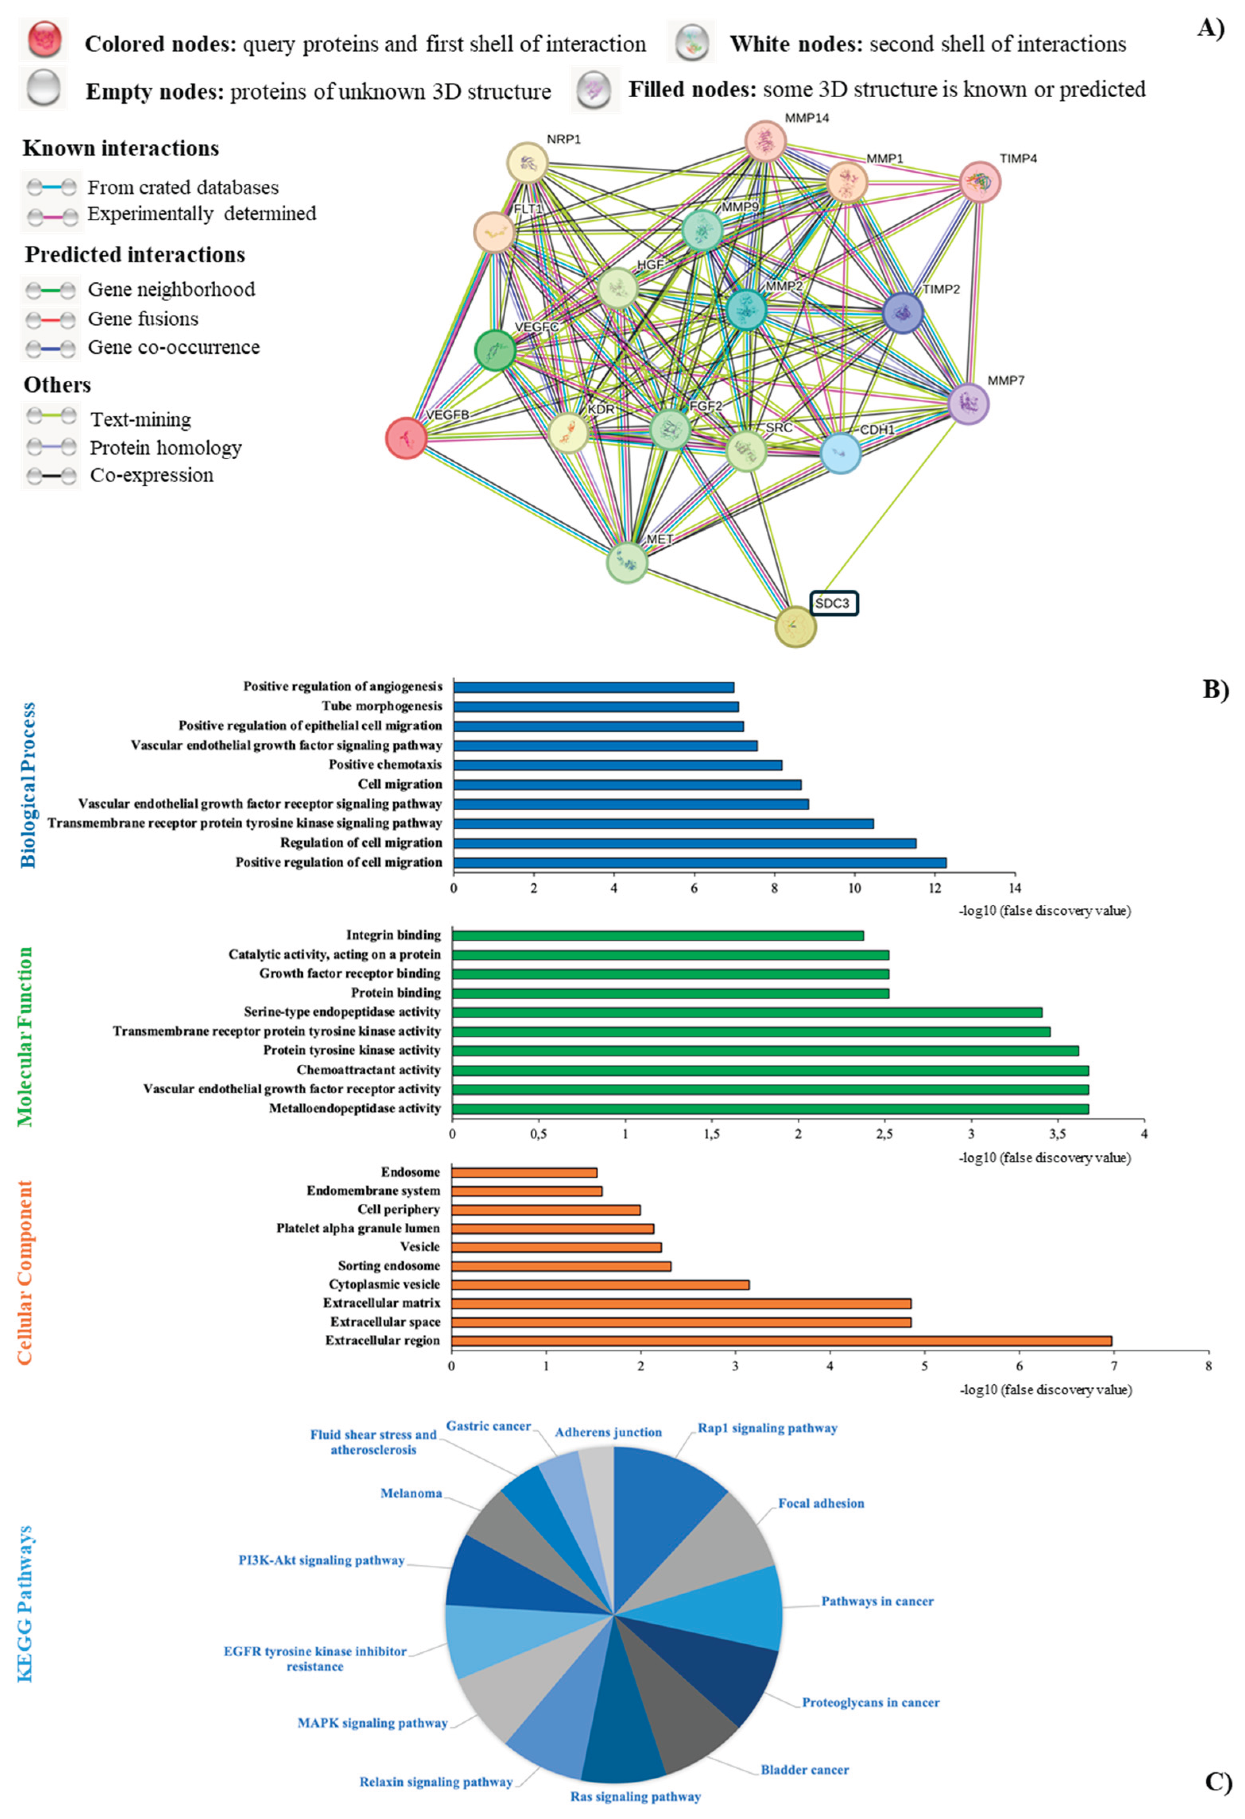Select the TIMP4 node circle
(x=980, y=181)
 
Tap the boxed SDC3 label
(x=833, y=603)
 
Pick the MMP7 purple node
(x=969, y=404)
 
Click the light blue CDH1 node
(x=840, y=453)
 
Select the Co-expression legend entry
(x=151, y=475)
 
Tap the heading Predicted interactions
(x=135, y=254)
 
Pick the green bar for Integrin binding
(x=658, y=935)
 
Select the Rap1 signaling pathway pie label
(x=767, y=1428)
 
